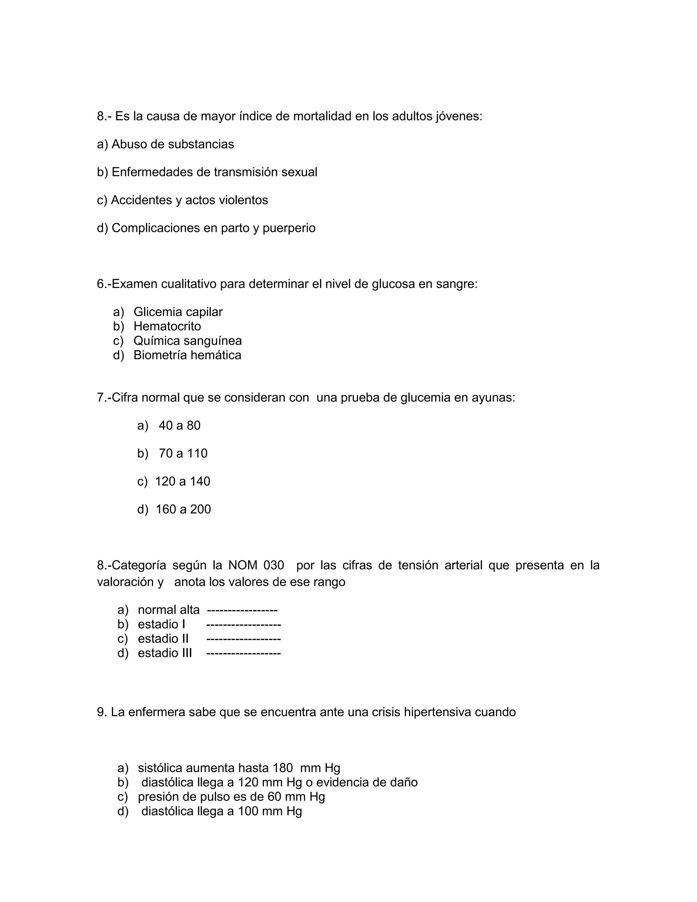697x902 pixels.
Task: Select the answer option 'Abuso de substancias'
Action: click(x=173, y=144)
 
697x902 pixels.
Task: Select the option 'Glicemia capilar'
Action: click(x=178, y=312)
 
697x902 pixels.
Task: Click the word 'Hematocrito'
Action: click(x=167, y=326)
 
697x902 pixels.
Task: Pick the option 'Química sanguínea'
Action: click(x=188, y=341)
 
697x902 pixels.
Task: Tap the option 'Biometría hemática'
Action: click(x=187, y=355)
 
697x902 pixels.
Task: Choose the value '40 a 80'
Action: click(x=179, y=426)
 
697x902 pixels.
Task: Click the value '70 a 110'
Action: click(x=183, y=453)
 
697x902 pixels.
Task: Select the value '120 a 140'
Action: click(x=182, y=482)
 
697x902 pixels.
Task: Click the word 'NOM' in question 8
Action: click(x=243, y=565)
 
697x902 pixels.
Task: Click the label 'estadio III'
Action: click(x=165, y=653)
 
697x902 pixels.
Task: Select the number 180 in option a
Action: click(x=282, y=768)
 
